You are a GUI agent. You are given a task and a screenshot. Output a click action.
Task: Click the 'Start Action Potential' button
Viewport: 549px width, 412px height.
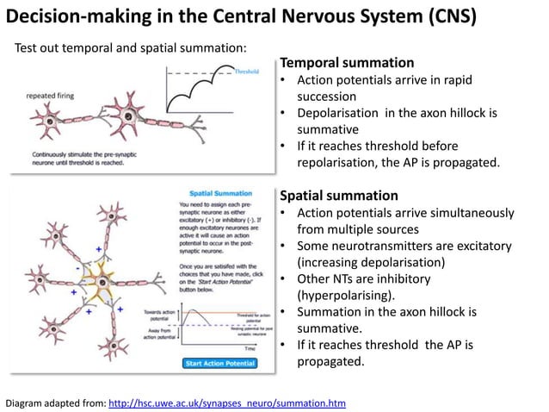click(219, 363)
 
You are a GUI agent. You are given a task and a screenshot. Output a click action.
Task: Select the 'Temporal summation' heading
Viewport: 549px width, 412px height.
click(347, 63)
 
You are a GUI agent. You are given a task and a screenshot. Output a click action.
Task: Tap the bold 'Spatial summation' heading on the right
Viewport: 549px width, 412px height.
click(339, 195)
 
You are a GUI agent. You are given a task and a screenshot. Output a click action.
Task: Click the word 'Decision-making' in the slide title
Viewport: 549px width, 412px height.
click(73, 17)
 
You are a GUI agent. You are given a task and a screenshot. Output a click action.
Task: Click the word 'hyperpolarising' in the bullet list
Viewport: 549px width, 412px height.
click(345, 295)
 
